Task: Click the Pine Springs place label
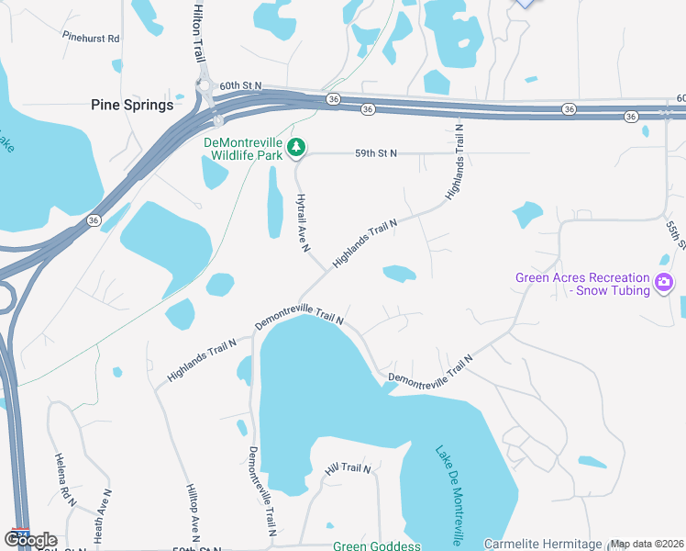tap(132, 105)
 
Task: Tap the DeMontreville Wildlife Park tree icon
tap(296, 147)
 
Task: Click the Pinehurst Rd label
tap(92, 39)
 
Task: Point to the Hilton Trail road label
tap(199, 31)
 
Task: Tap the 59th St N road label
tap(376, 153)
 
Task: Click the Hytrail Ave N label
tap(304, 222)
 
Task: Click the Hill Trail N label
tap(348, 469)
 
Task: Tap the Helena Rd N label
tap(64, 479)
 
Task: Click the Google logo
tap(30, 540)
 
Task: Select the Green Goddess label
tap(376, 545)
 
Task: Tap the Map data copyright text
tap(646, 544)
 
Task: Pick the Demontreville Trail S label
tap(260, 491)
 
